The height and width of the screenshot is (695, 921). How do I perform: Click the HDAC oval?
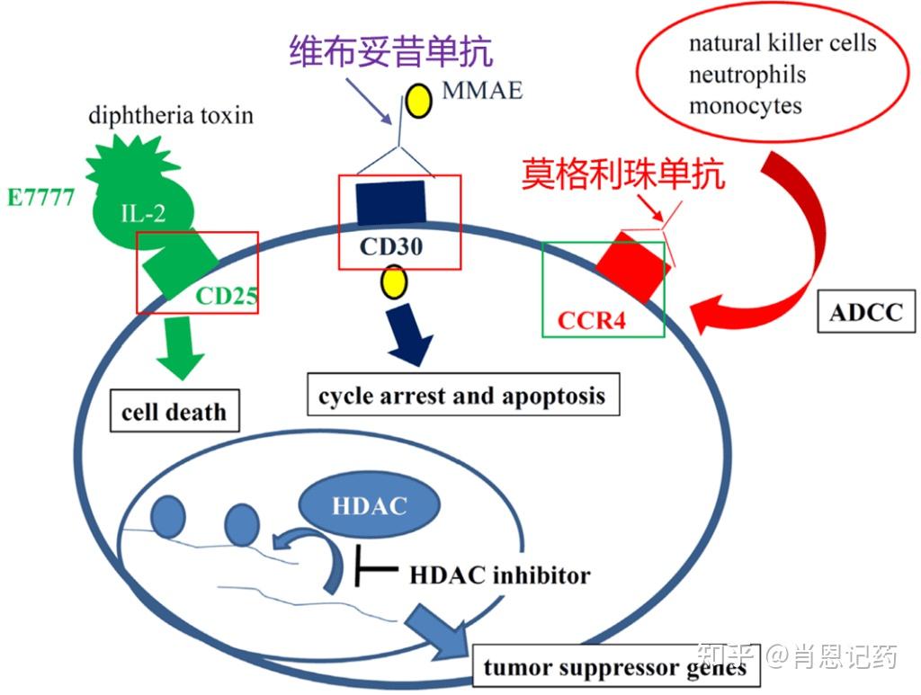pos(370,504)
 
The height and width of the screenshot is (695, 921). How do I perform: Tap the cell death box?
pos(174,412)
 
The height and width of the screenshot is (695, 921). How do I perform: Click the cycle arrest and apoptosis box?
pos(462,395)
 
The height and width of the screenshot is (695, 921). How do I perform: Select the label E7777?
pos(40,199)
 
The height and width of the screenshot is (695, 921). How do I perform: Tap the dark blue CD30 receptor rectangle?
pos(391,204)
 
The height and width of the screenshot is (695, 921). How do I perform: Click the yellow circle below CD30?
pos(393,282)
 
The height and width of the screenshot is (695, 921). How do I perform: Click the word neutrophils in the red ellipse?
pos(747,75)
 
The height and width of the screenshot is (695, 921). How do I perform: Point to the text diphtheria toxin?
pos(171,115)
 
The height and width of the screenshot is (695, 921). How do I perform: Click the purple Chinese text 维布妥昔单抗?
pos(391,52)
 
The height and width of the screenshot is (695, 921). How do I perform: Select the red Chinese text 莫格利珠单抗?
pos(623,174)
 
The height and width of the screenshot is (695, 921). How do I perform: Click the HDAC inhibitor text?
pos(499,575)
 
